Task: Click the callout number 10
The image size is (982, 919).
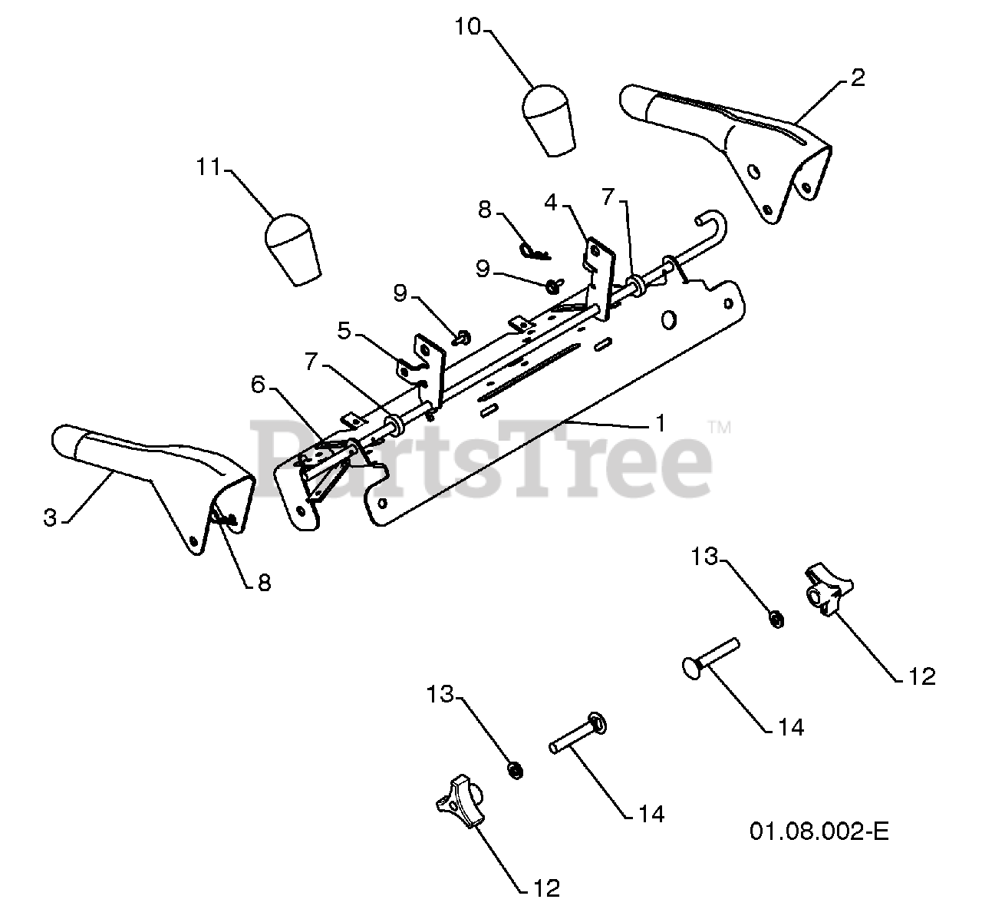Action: [467, 28]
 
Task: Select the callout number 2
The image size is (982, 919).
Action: [857, 78]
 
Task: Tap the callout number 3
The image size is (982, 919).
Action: [50, 518]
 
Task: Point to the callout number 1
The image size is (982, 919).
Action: [660, 422]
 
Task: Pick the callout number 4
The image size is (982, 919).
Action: [550, 203]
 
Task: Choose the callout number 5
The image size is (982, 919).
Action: [344, 332]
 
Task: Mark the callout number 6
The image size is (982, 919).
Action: [259, 385]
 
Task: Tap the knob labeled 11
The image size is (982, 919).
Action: [292, 249]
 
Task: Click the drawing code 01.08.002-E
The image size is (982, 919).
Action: [819, 831]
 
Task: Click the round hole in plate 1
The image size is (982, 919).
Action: [668, 318]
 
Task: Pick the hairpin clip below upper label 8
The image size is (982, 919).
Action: [532, 250]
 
